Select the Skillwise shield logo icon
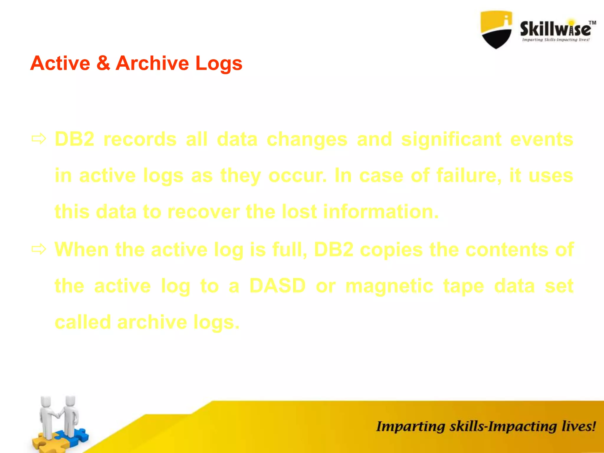pos(496,29)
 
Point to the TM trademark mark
pos(592,23)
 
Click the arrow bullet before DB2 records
pos(39,139)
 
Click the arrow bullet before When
pos(39,249)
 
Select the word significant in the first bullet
pos(451,139)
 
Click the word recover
pos(203,212)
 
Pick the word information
pos(381,212)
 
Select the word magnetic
pos(389,286)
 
